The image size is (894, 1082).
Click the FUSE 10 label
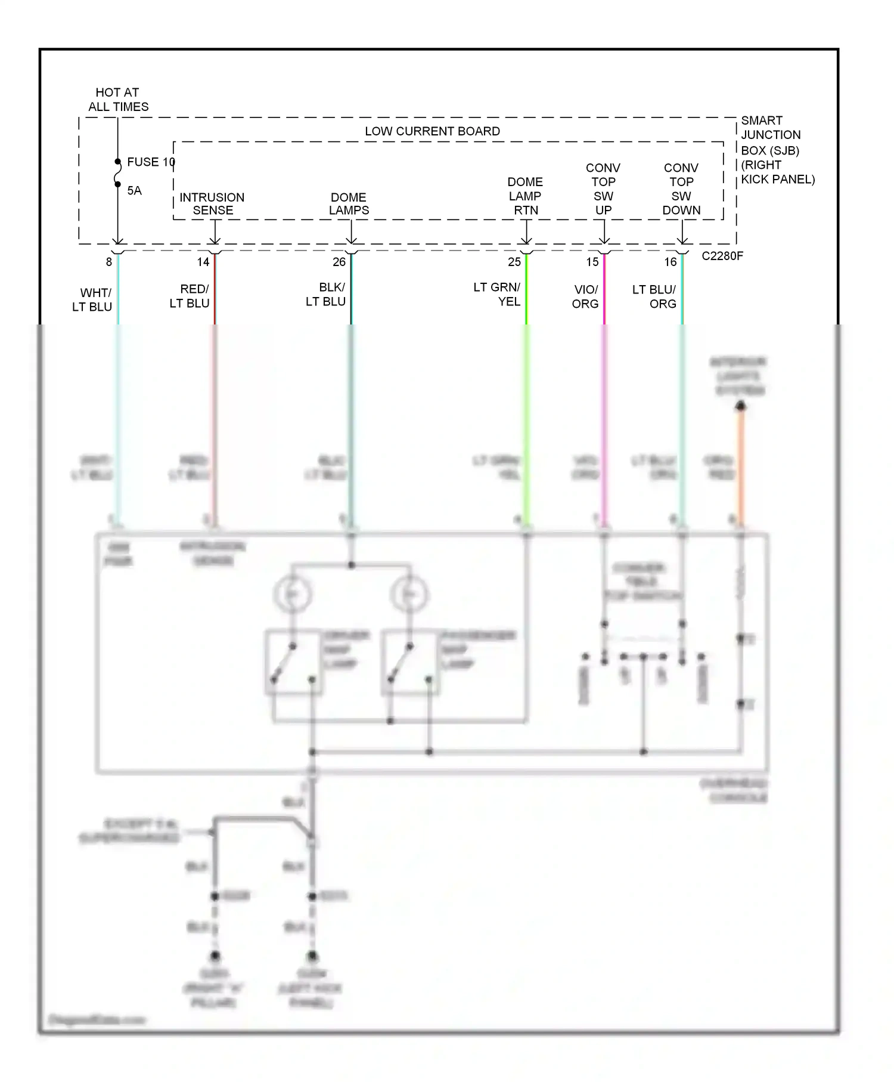click(150, 162)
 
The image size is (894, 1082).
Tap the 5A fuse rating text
click(134, 191)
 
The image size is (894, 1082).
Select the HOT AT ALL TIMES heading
click(118, 100)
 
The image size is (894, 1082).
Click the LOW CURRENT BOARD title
click(432, 131)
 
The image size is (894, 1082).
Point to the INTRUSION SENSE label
click(212, 203)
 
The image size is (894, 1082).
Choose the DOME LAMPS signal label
click(349, 203)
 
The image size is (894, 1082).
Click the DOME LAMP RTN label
click(525, 196)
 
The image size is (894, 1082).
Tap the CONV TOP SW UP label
click(603, 189)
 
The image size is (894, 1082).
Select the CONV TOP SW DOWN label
click(681, 189)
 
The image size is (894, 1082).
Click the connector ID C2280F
click(722, 256)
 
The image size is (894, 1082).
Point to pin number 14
click(203, 262)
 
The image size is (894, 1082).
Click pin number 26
click(339, 262)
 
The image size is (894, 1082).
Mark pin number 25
click(514, 262)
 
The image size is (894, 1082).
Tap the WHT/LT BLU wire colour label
click(93, 300)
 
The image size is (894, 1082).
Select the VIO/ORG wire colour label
click(585, 297)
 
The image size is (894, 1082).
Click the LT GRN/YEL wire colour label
click(498, 295)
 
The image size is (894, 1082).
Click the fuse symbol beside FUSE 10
click(118, 173)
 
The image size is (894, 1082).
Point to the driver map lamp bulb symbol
click(292, 594)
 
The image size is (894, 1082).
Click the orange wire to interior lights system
click(741, 465)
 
